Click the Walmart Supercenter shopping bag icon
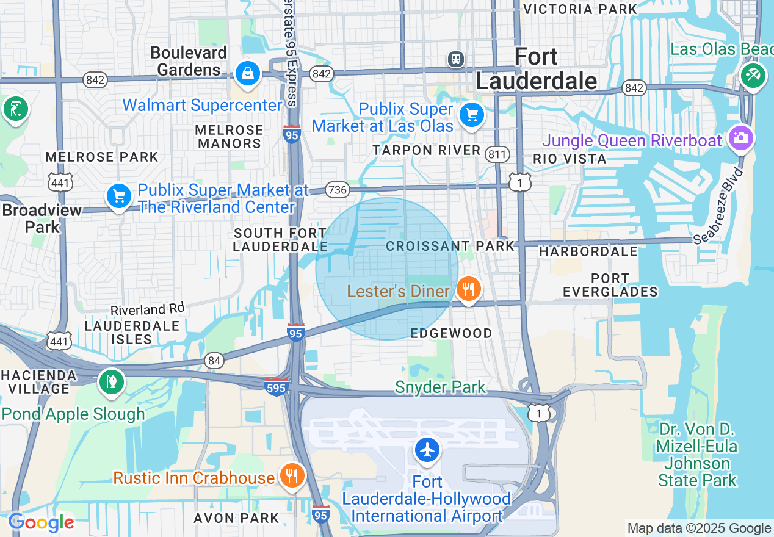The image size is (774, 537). tap(248, 74)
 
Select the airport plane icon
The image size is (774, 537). tap(427, 450)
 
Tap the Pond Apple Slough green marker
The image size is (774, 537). tap(111, 382)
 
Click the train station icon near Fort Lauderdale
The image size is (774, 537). tap(456, 59)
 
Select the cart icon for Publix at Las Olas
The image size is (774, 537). tap(471, 114)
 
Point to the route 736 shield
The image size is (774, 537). tap(337, 190)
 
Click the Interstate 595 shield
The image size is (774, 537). tap(277, 387)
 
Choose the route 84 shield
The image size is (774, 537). tap(214, 361)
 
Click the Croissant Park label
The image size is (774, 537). tap(451, 246)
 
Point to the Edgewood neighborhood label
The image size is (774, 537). tap(451, 333)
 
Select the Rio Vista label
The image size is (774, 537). tap(570, 159)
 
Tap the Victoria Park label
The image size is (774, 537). tap(580, 9)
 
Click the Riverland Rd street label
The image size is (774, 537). tap(147, 310)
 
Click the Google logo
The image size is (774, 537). tap(41, 523)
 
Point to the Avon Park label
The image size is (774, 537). tap(236, 518)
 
